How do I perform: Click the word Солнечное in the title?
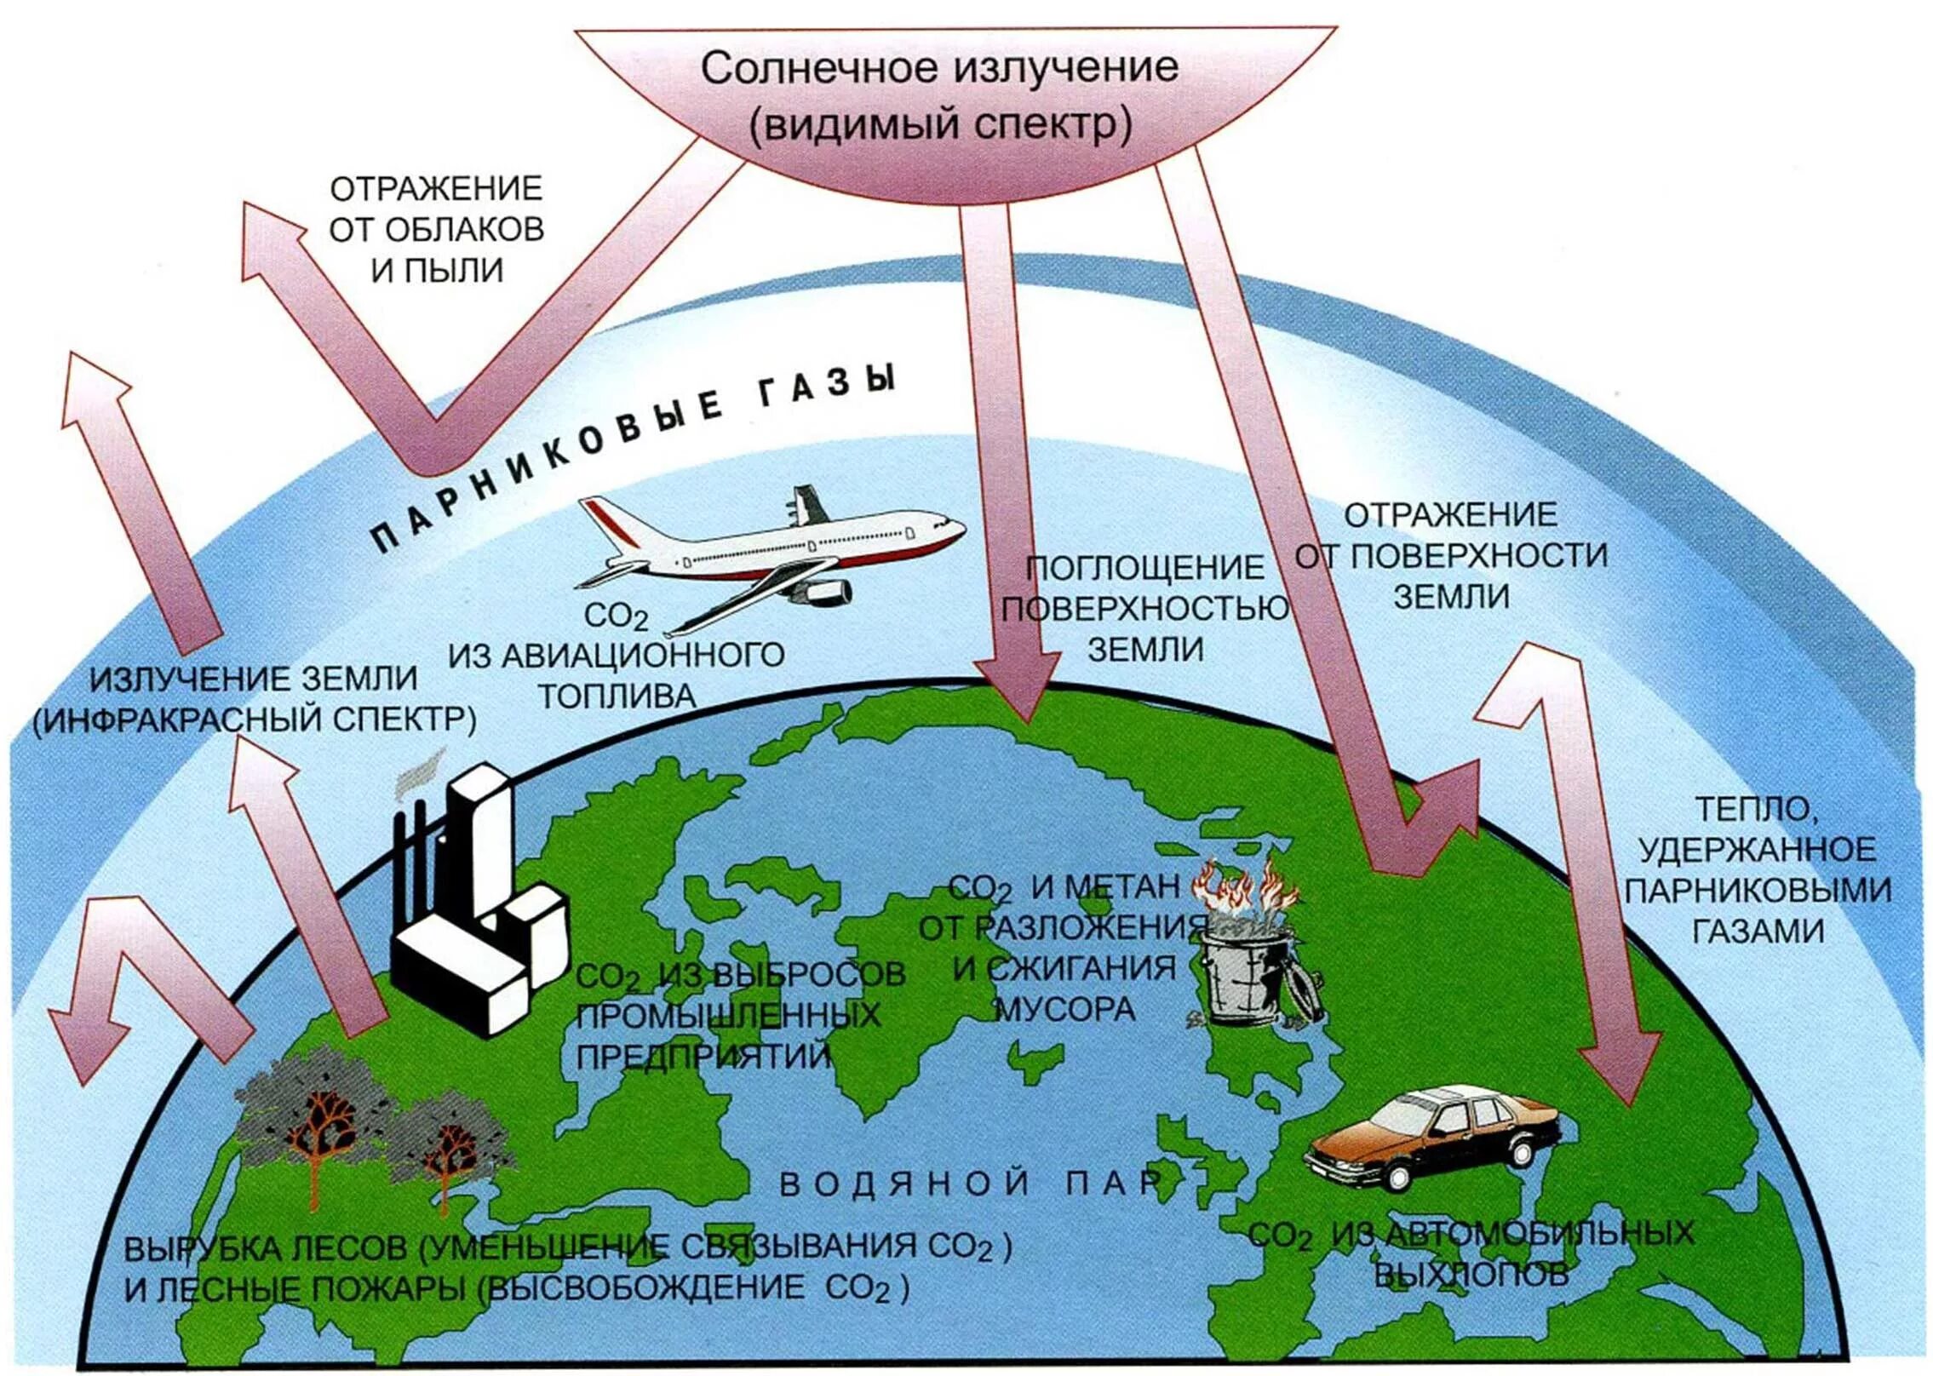(x=818, y=68)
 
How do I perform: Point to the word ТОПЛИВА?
(x=617, y=696)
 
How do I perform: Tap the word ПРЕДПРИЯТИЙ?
(x=703, y=1057)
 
